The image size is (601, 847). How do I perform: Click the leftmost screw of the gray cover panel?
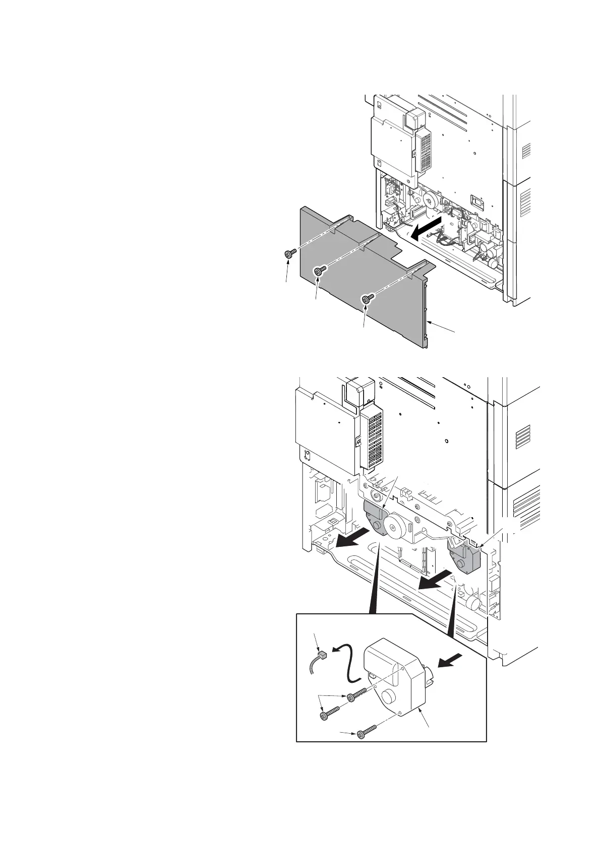point(289,255)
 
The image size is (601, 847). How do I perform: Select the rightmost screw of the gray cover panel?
point(367,300)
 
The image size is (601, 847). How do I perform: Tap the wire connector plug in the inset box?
point(321,655)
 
